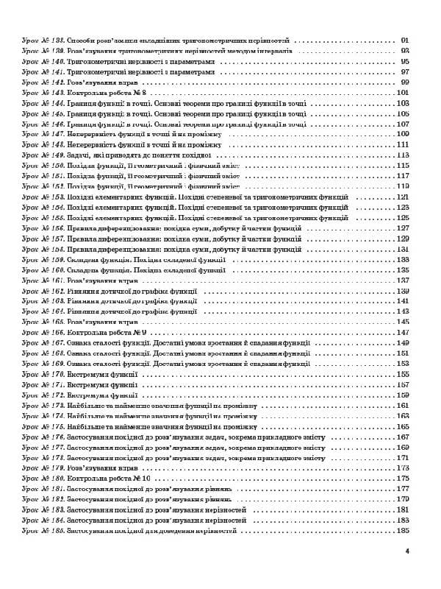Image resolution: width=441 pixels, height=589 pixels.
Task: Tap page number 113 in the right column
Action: (402, 156)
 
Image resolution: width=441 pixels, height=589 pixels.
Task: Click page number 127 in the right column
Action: (402, 228)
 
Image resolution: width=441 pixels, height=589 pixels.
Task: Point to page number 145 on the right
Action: (402, 322)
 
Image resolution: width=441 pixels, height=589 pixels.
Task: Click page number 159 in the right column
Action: (402, 395)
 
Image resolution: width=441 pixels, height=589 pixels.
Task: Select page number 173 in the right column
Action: (402, 468)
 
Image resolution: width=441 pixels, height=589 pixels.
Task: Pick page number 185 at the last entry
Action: (402, 530)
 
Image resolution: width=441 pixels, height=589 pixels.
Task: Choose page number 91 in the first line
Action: (404, 40)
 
